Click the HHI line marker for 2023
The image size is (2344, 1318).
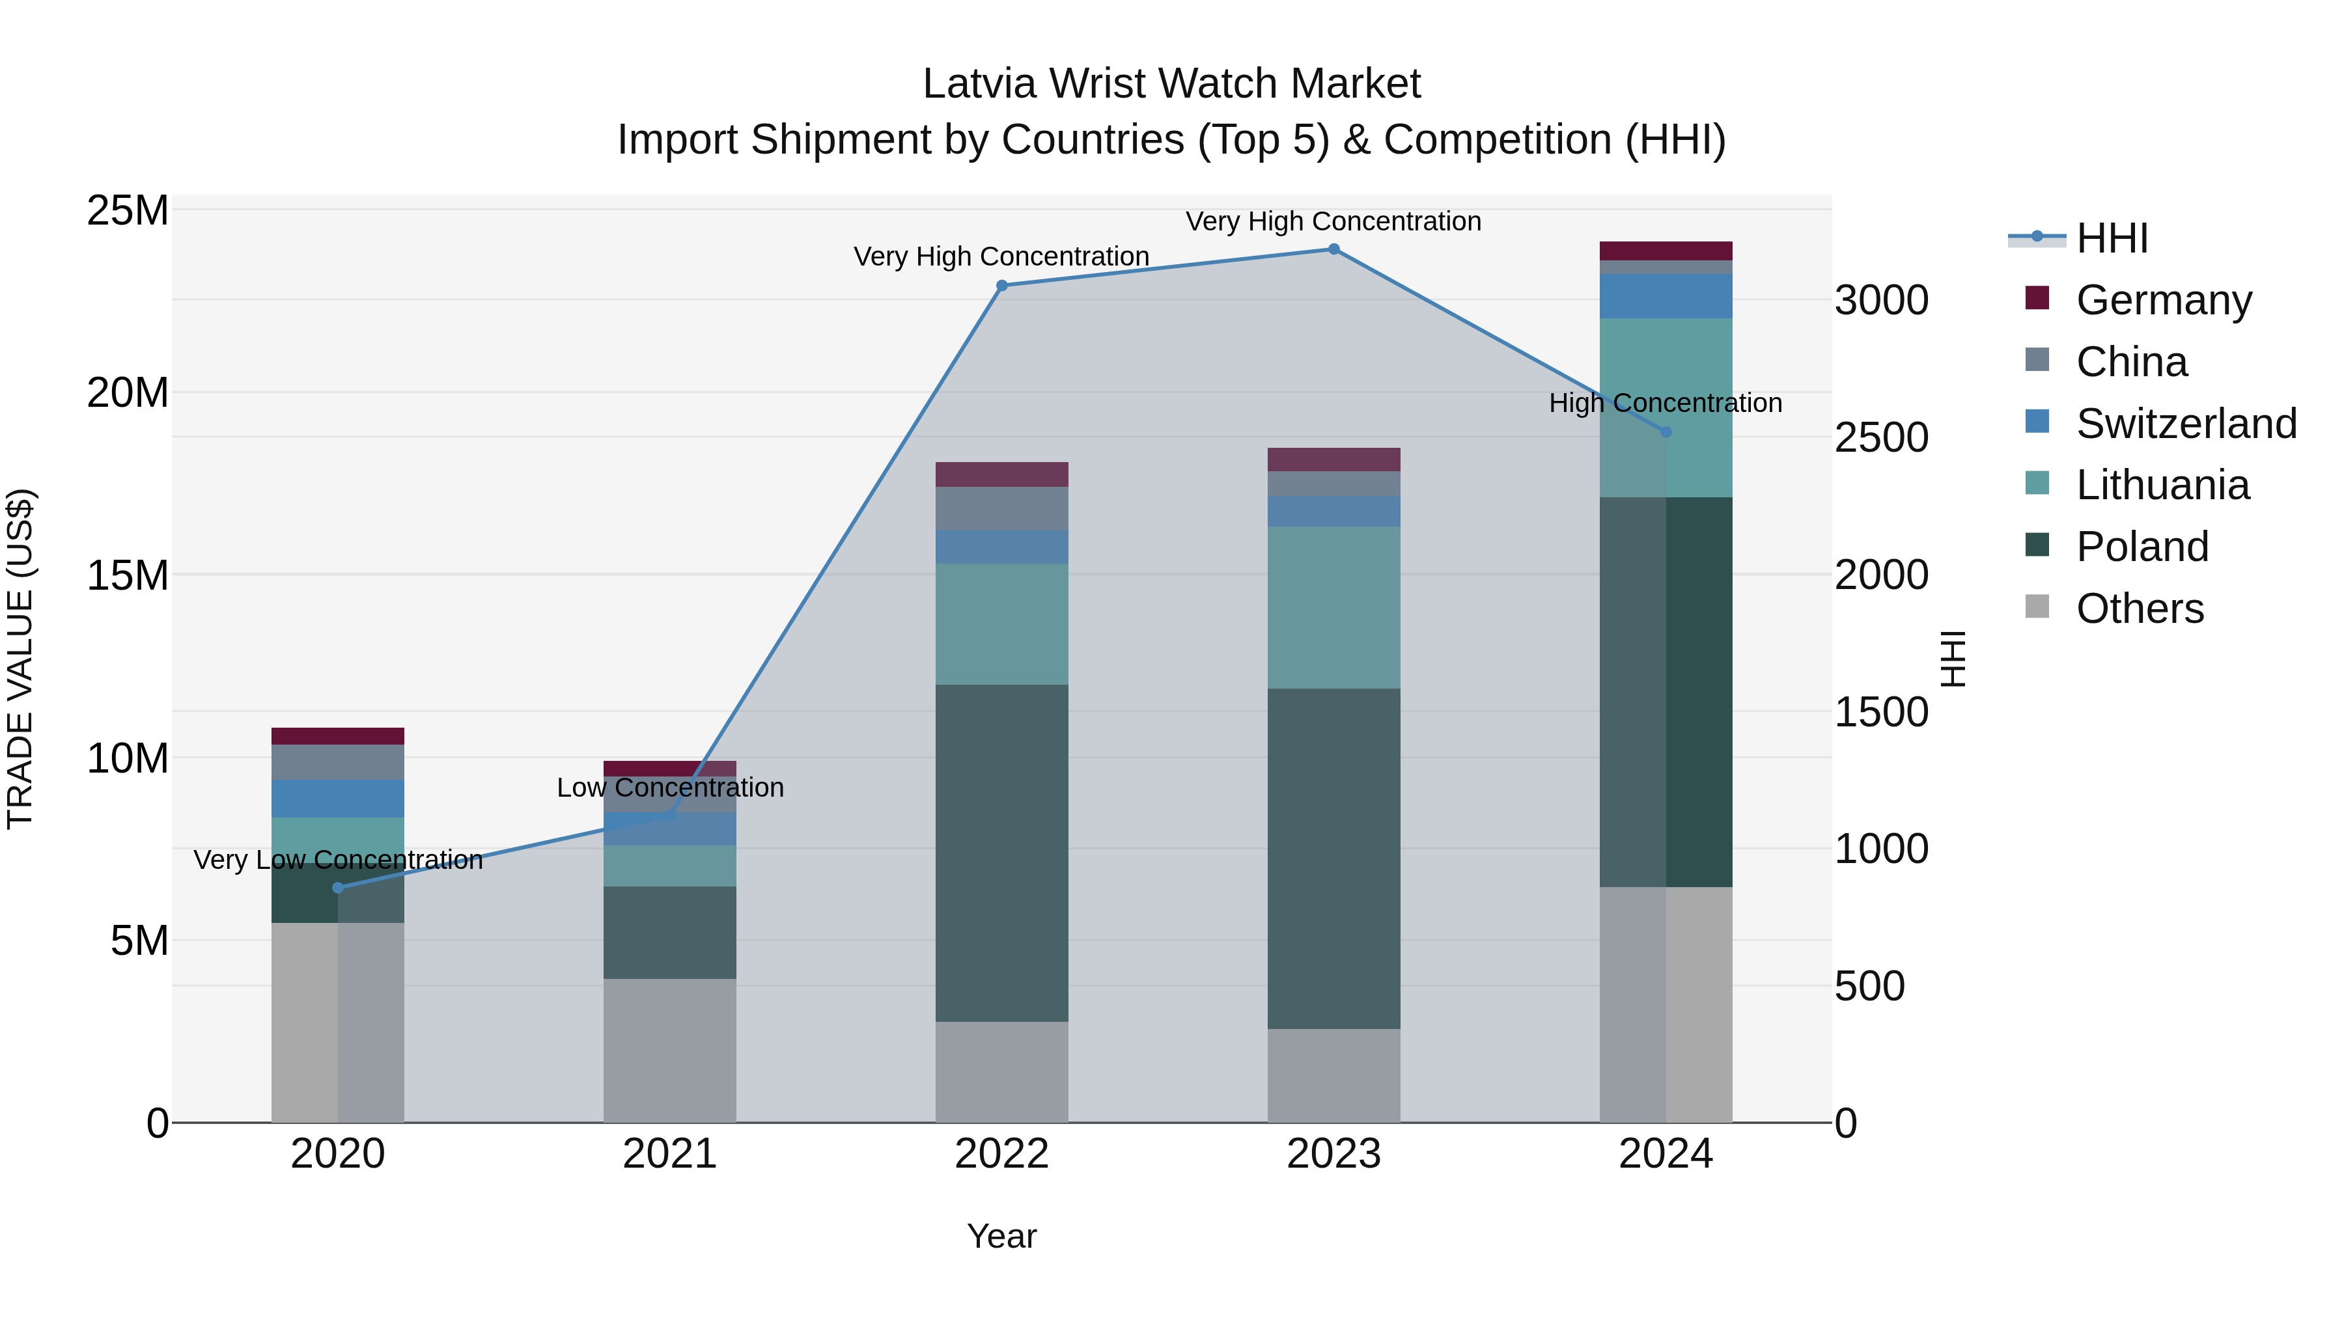click(1334, 249)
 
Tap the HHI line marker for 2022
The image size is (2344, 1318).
click(1002, 286)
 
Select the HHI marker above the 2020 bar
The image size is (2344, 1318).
click(337, 888)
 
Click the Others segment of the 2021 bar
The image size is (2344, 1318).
click(670, 1050)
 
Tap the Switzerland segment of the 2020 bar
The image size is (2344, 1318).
click(337, 798)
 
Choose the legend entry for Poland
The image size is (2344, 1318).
click(2142, 547)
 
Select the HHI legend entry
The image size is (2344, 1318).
click(2111, 238)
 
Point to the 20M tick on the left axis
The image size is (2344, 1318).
click(128, 393)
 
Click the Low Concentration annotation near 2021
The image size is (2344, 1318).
click(670, 788)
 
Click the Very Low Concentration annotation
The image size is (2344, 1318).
click(337, 860)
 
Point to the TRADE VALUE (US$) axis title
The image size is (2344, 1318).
click(20, 659)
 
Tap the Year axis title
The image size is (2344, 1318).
click(1002, 1236)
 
